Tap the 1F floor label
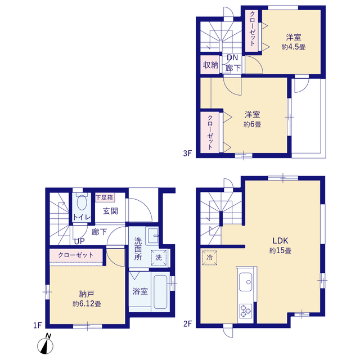tap(38, 325)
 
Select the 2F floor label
tap(187, 324)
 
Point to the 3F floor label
tap(187, 153)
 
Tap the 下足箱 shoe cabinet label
tap(105, 197)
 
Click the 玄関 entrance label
tap(110, 211)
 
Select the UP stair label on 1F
tap(79, 241)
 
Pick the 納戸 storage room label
tap(87, 294)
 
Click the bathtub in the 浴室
tap(160, 292)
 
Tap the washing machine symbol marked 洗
tap(159, 258)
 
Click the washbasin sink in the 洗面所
tap(152, 236)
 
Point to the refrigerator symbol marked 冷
tap(209, 258)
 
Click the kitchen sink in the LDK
tap(245, 282)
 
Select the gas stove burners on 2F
tap(246, 311)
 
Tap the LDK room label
tap(280, 241)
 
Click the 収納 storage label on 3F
tap(210, 65)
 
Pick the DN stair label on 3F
tap(232, 57)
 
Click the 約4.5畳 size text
tap(294, 47)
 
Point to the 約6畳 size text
tap(253, 124)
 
